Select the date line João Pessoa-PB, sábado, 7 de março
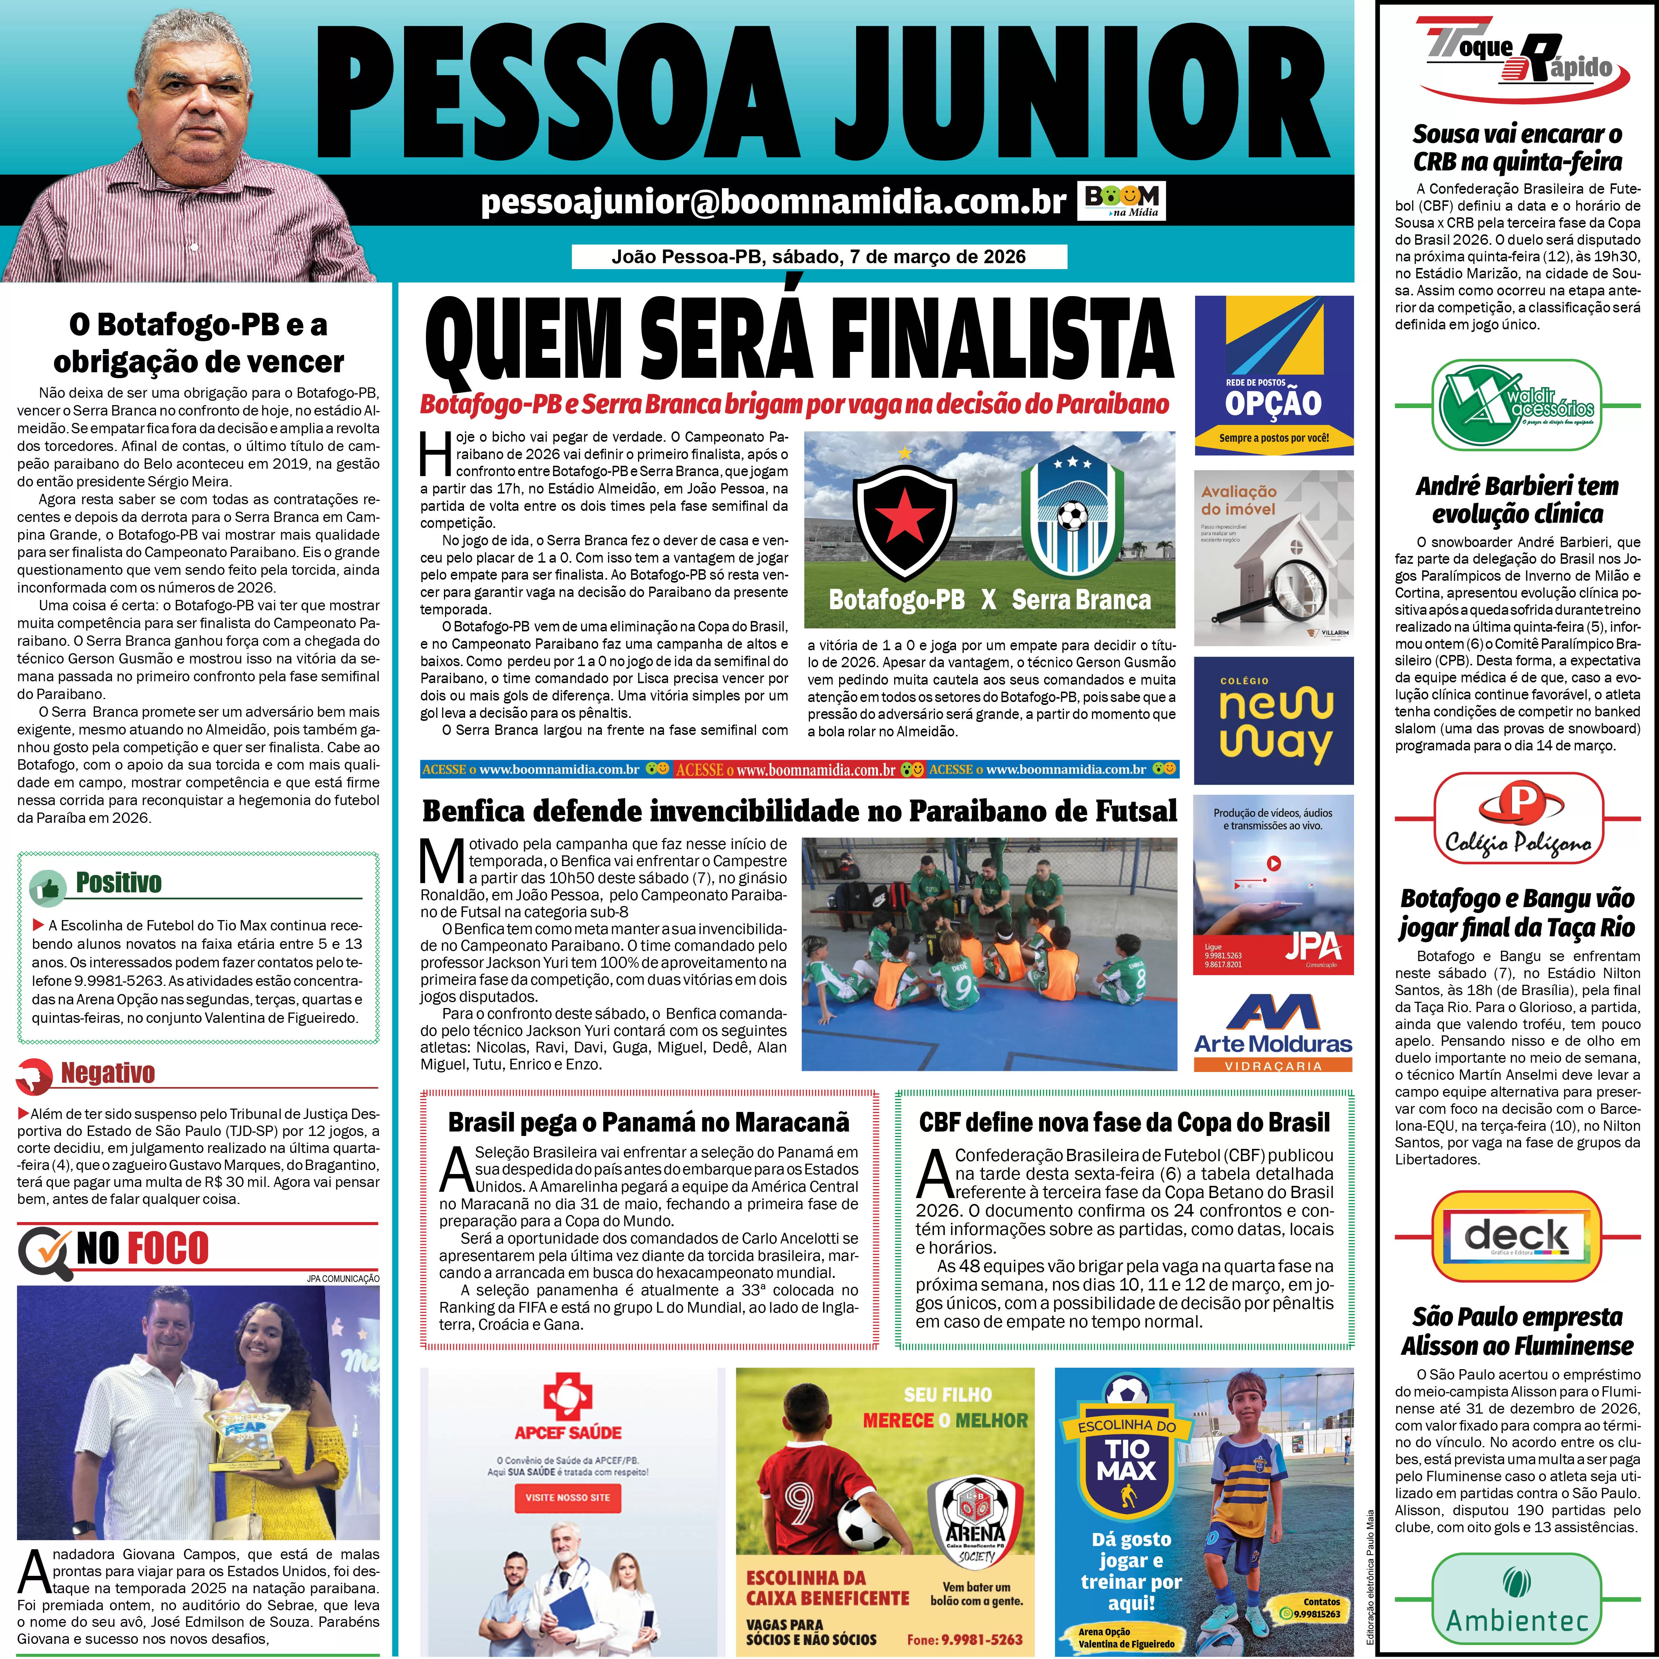(818, 257)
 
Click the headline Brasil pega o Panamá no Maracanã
(648, 1122)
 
